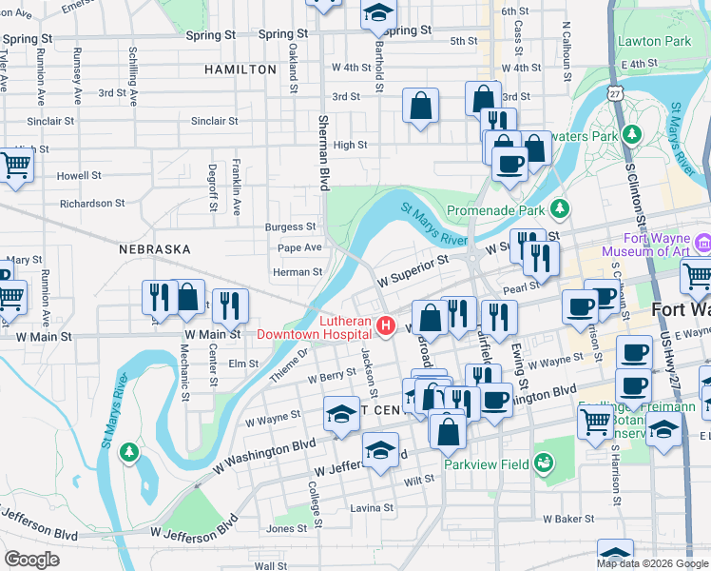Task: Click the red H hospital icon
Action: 386,326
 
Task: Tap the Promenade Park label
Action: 508,208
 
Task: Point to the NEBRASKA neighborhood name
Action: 155,248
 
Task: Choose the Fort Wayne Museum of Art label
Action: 656,246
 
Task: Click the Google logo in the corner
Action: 31,559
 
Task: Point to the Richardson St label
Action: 92,203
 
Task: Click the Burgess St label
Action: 290,227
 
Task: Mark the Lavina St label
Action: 371,508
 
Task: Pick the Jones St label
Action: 287,528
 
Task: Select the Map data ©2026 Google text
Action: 652,563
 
